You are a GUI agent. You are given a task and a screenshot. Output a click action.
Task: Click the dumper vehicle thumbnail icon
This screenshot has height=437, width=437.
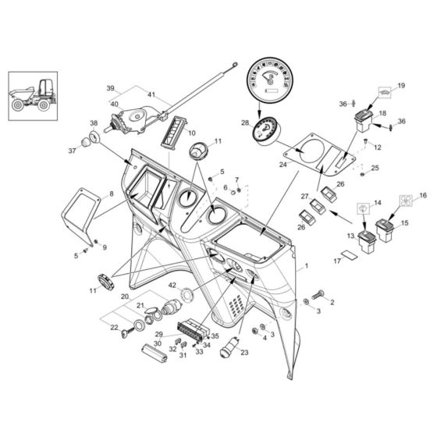click(x=32, y=95)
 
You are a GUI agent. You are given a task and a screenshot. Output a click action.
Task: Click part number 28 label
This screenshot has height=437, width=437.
click(x=245, y=123)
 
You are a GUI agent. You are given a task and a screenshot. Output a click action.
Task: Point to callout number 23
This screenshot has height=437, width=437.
click(x=244, y=353)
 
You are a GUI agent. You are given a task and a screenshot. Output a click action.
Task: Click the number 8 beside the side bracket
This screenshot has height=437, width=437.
click(x=110, y=194)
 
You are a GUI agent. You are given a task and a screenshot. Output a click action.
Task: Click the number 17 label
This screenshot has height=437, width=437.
click(x=336, y=261)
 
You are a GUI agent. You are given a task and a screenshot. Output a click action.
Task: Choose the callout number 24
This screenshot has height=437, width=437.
click(x=285, y=165)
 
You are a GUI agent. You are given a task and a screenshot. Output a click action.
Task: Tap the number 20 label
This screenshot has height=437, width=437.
click(x=124, y=297)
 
